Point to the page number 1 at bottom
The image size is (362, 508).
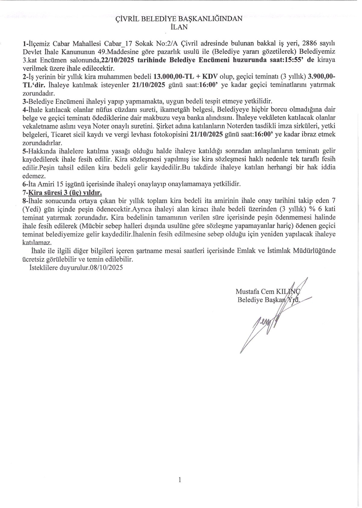(x=180, y=480)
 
